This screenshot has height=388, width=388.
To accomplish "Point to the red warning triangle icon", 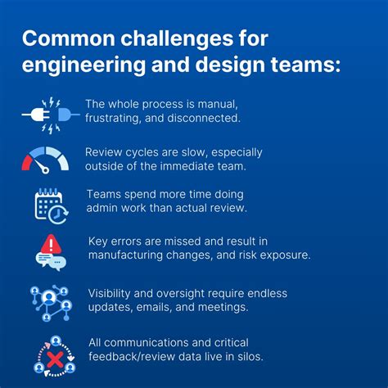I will coord(51,244).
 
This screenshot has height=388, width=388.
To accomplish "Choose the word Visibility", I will coord(112,293).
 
